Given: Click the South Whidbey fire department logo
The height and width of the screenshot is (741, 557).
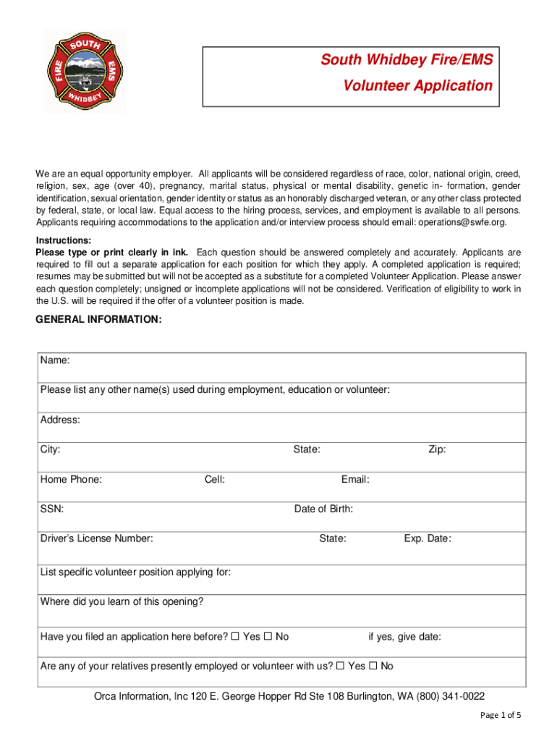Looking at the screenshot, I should (x=85, y=71).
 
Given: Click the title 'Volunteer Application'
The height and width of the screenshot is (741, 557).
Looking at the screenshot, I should (x=417, y=86).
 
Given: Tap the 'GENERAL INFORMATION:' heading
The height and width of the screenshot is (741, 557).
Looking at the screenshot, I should (x=99, y=319).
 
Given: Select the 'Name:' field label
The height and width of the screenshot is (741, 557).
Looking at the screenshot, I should (x=55, y=360).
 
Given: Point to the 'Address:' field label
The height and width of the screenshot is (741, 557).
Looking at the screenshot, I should (x=60, y=420).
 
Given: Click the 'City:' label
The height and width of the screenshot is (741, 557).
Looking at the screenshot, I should (x=51, y=449).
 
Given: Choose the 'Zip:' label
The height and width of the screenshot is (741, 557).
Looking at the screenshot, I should (x=437, y=449).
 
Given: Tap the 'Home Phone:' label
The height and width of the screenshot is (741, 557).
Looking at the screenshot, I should (x=71, y=479).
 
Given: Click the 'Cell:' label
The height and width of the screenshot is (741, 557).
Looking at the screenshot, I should (x=215, y=479).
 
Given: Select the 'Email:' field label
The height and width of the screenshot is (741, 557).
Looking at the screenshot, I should (x=355, y=479).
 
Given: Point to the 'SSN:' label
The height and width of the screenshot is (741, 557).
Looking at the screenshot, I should (x=52, y=509).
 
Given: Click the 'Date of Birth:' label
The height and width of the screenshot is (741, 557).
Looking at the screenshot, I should (x=323, y=509).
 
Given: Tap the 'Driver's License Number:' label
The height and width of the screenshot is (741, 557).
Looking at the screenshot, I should (x=96, y=538).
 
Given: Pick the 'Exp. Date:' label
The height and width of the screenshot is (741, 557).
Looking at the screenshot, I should (x=428, y=538).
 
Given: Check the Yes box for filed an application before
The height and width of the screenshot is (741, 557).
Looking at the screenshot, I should (x=235, y=637).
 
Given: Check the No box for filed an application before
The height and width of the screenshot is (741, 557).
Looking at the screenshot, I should (x=268, y=637).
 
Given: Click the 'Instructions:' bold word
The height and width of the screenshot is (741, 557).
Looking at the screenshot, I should (x=64, y=240).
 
